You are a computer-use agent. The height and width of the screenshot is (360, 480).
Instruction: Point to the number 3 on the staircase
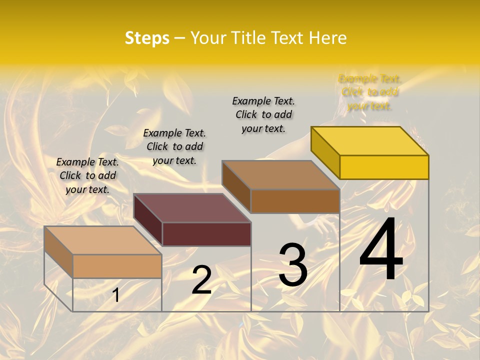coord(292,264)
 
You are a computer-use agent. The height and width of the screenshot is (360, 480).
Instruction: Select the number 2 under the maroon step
coord(201,280)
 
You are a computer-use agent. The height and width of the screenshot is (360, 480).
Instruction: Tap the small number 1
coord(115,295)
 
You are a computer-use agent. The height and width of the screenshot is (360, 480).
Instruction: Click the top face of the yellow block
coord(369,140)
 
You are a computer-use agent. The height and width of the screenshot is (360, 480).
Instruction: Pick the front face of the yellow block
coord(384,167)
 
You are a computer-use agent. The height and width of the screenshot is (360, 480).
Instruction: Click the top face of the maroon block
coord(192,207)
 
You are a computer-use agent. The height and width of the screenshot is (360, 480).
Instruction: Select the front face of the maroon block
coord(206,234)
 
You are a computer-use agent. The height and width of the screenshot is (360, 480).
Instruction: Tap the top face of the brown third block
coord(280,174)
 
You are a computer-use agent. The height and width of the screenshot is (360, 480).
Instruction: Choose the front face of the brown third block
coord(295,201)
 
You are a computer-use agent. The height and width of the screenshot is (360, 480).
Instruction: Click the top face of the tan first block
coord(103,240)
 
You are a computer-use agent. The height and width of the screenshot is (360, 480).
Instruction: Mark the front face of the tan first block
coord(117,266)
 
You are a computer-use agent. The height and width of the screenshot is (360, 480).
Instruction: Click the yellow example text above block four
coord(370,92)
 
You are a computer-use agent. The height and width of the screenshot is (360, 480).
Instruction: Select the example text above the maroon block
coord(174,146)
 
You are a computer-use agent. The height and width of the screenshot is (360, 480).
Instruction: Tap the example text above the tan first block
coord(87,175)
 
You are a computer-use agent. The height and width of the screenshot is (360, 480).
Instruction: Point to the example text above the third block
coord(263,114)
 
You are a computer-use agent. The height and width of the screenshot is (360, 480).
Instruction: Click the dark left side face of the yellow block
coord(325,152)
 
